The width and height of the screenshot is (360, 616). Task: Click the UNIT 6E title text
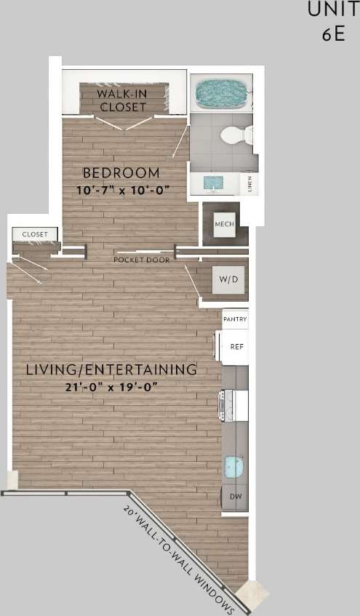pyautogui.click(x=332, y=22)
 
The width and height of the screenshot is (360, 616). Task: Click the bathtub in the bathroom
pyautogui.click(x=221, y=94)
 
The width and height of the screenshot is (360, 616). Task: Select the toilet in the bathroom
pyautogui.click(x=237, y=135)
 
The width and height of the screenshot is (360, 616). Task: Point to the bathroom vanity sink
pyautogui.click(x=212, y=182)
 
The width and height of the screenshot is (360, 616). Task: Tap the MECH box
pyautogui.click(x=224, y=224)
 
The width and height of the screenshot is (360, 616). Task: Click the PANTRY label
pyautogui.click(x=235, y=319)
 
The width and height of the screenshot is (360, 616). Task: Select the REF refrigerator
pyautogui.click(x=236, y=347)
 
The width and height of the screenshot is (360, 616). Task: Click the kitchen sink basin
pyautogui.click(x=233, y=466)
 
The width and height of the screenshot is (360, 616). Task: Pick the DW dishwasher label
pyautogui.click(x=235, y=497)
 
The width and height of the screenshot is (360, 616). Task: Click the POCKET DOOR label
pyautogui.click(x=141, y=260)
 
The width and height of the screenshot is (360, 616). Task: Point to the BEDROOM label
pyautogui.click(x=121, y=173)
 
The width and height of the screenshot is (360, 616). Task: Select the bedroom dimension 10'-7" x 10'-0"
pyautogui.click(x=122, y=190)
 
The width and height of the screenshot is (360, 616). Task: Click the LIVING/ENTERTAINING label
pyautogui.click(x=111, y=369)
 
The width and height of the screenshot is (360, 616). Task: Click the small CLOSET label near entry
pyautogui.click(x=34, y=234)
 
